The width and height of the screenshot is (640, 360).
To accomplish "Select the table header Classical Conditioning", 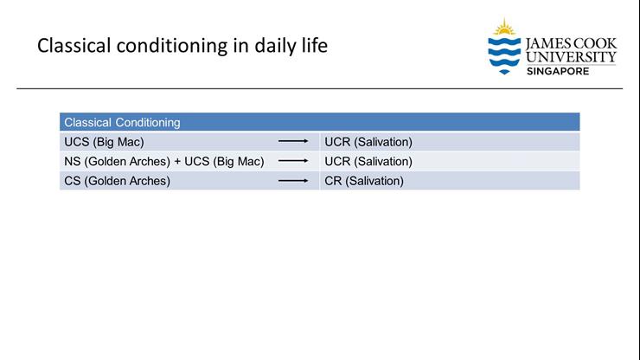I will coord(122,123).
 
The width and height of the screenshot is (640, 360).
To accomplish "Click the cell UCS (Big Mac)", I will coord(104,142).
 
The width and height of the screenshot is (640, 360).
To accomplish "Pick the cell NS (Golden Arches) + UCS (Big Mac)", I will coord(163,161).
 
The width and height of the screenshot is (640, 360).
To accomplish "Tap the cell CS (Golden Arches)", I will coord(117,181).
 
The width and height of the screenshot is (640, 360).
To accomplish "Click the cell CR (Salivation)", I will coord(363,181).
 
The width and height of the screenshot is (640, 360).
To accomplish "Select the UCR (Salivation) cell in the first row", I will coord(368,142).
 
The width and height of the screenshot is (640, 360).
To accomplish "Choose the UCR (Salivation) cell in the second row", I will coord(368,161).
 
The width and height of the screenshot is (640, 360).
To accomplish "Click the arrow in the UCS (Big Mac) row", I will coord(293,142).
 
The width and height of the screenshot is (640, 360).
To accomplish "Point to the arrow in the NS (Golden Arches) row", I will coord(293,161).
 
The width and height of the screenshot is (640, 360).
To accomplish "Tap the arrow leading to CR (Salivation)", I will coord(293,181).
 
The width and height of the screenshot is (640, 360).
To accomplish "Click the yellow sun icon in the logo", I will coord(504,27).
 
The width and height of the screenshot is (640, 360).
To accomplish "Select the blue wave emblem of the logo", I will coord(504,55).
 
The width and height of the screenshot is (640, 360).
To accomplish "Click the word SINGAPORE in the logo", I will coord(558,71).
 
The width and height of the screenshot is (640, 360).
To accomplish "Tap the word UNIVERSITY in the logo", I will coord(571,57).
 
